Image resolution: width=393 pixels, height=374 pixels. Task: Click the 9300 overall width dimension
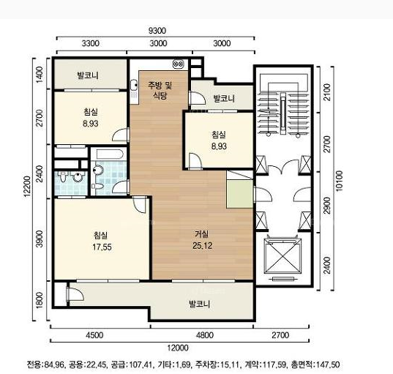point(157,31)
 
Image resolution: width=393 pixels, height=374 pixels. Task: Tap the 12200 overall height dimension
point(27,187)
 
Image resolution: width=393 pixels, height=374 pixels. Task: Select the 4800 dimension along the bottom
point(205,335)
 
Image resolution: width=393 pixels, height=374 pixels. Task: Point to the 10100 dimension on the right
point(339,181)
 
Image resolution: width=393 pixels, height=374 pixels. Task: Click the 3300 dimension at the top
point(91,43)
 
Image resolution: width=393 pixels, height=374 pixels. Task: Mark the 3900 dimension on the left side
point(40,239)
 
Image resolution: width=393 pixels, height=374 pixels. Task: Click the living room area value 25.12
point(202,246)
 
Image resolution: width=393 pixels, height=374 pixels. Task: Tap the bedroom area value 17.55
point(102,247)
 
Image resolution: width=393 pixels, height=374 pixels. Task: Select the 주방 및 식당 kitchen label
point(160,91)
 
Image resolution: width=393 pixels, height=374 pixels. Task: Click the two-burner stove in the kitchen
point(178,64)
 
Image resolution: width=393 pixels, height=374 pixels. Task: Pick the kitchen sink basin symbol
point(134,85)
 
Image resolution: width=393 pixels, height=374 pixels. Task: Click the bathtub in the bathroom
point(110,154)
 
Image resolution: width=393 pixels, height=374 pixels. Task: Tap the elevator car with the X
point(282,255)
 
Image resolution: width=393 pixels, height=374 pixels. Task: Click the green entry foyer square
point(239,194)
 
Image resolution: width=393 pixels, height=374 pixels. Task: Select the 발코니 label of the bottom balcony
point(200,304)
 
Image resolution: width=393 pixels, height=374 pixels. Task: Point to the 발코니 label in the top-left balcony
point(88,75)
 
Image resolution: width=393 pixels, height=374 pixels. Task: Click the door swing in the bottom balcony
point(75,293)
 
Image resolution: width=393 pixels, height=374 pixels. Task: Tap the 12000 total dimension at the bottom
point(178,348)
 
